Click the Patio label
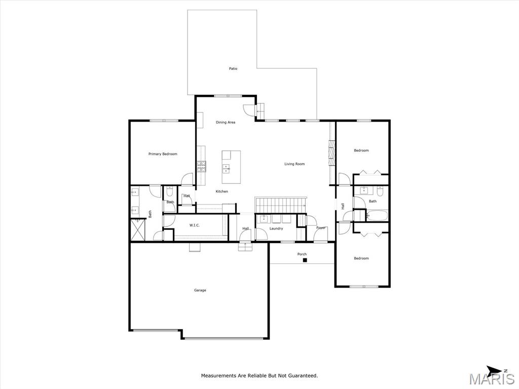point(233,68)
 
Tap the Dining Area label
point(225,122)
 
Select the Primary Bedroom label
point(163,154)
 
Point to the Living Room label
point(294,164)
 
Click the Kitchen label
point(221,191)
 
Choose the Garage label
point(200,290)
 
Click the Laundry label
point(276,228)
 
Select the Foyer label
point(321,228)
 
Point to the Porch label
point(302,254)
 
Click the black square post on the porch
point(305,260)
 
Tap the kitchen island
point(231,167)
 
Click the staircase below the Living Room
point(280,205)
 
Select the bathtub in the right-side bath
point(377,216)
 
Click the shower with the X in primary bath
point(138,230)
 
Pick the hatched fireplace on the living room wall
point(331,152)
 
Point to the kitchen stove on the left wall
point(202,166)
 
